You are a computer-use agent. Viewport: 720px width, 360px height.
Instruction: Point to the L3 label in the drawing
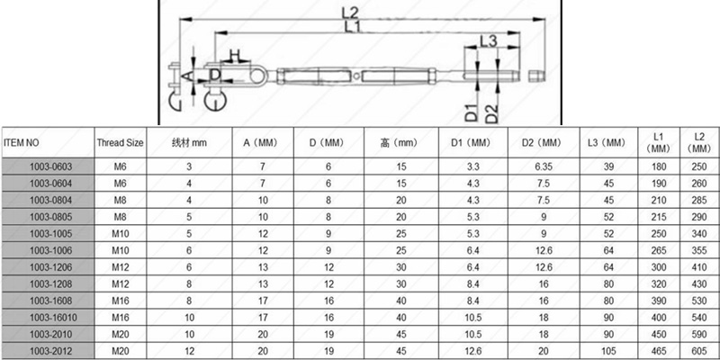coord(489,41)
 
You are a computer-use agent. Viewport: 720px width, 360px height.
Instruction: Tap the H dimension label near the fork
coord(235,56)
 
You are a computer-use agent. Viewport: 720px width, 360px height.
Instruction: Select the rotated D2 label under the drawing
coord(491,114)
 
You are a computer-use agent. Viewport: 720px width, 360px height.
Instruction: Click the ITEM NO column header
coord(21,143)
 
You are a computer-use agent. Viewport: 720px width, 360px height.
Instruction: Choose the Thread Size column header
coord(120,143)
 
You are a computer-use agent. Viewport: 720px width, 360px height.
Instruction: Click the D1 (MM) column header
coord(472,143)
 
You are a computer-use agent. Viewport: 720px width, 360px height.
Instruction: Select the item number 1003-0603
coord(51,166)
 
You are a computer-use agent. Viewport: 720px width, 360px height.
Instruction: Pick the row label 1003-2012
coord(51,351)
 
